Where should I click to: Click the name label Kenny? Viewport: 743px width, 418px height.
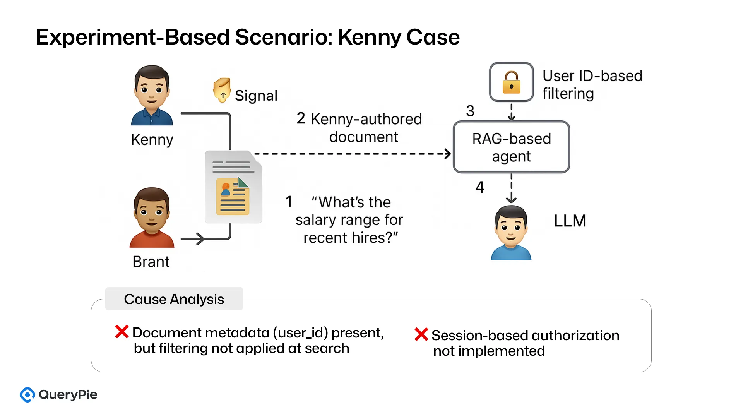click(x=152, y=140)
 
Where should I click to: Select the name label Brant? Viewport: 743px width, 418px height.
click(x=151, y=262)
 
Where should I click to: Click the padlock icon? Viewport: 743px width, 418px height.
click(x=511, y=82)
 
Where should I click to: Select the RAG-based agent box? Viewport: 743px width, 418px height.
click(x=511, y=147)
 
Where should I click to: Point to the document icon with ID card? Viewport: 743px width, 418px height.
click(x=233, y=187)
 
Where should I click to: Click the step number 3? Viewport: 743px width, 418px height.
click(x=470, y=111)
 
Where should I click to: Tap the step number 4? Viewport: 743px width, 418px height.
click(x=480, y=188)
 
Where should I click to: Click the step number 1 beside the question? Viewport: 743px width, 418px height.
click(x=289, y=202)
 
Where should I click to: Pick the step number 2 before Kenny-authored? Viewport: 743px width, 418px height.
click(x=301, y=118)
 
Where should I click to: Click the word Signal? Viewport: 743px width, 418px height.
click(x=256, y=96)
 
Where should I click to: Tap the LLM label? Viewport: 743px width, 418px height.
click(x=570, y=221)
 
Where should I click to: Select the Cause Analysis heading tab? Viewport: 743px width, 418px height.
click(x=174, y=299)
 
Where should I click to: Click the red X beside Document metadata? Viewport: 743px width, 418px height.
click(x=122, y=332)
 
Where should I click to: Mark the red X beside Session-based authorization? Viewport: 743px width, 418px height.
click(x=421, y=334)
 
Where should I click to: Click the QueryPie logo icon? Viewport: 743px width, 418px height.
click(x=27, y=395)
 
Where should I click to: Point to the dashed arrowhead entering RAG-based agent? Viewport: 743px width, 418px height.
click(x=448, y=154)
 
